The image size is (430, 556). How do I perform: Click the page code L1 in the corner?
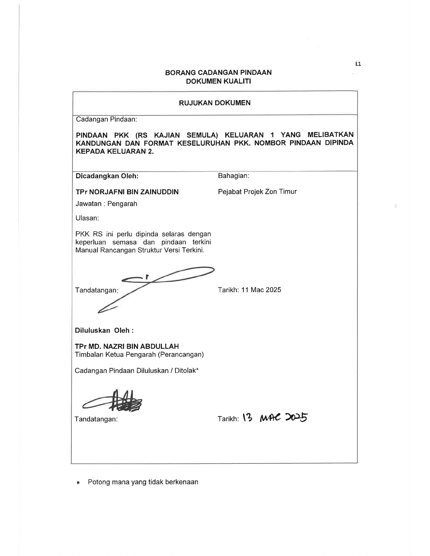tap(358, 64)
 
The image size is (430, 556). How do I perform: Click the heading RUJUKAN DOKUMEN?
tap(215, 103)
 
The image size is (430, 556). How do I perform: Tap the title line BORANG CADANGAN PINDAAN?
tap(218, 72)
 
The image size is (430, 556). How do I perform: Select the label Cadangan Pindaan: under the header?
tap(106, 119)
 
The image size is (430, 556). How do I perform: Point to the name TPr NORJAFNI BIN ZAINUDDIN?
tap(127, 192)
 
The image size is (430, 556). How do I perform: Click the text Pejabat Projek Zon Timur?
tap(257, 192)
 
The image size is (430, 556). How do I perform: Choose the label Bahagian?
tap(233, 176)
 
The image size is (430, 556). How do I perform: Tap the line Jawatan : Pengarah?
tap(106, 204)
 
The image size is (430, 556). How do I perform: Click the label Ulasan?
tap(87, 218)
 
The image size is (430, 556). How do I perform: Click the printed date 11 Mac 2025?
tap(261, 290)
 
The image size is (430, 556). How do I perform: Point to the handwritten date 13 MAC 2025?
tap(275, 418)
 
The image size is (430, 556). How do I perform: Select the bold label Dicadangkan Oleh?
tap(107, 176)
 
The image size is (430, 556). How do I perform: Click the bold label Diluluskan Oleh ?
tap(104, 330)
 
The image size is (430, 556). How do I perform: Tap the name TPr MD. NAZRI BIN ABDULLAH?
tap(127, 346)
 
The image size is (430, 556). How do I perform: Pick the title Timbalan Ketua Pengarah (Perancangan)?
tap(139, 354)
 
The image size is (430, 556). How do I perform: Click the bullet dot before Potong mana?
tap(78, 483)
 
